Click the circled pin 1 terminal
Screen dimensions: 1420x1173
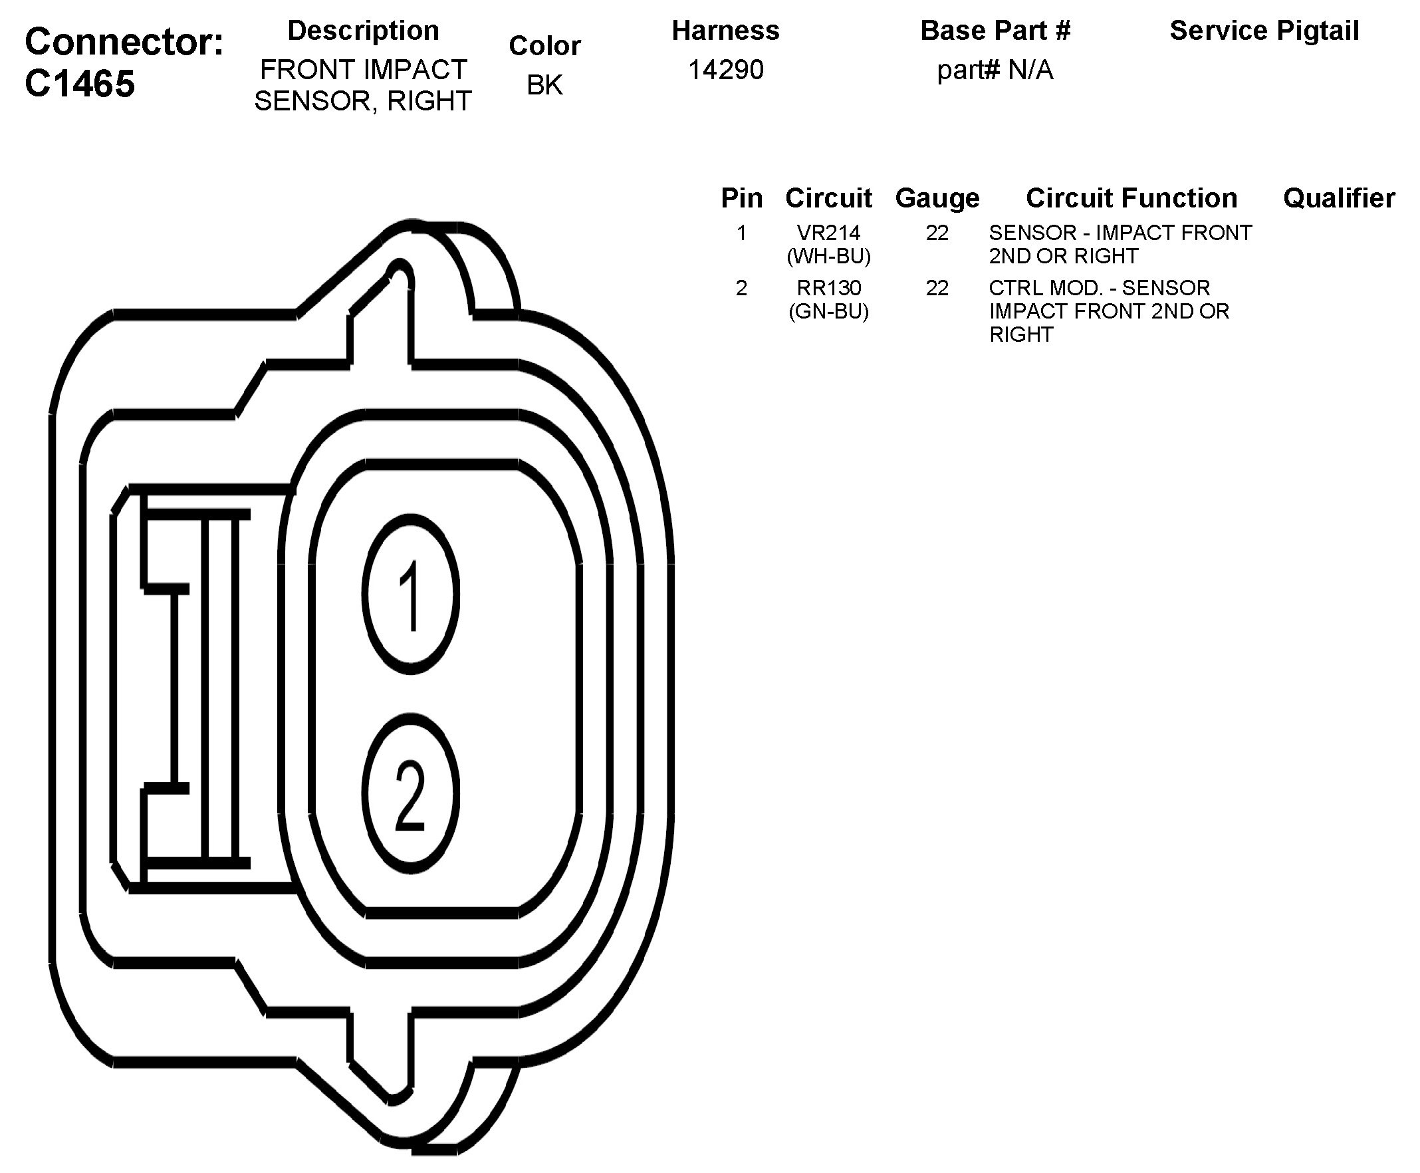click(411, 594)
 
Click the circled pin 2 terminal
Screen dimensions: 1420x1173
click(411, 792)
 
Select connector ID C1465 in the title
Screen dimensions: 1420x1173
click(80, 84)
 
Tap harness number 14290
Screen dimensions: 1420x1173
click(725, 70)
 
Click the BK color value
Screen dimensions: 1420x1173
click(544, 84)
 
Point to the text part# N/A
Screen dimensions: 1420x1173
click(995, 70)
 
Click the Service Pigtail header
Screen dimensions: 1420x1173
click(1264, 31)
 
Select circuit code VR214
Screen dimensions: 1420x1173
click(828, 233)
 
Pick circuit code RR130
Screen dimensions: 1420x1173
click(828, 288)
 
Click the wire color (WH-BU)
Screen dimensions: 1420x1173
click(828, 256)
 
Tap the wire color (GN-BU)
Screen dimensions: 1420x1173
click(828, 311)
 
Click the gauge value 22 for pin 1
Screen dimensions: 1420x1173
click(937, 233)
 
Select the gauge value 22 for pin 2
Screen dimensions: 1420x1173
click(937, 288)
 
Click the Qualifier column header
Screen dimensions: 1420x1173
click(1338, 198)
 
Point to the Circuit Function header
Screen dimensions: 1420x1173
click(1131, 198)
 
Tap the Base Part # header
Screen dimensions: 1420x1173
click(995, 31)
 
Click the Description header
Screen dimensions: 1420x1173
click(364, 31)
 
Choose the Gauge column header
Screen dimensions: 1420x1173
click(937, 198)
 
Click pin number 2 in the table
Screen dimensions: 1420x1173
click(741, 288)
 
